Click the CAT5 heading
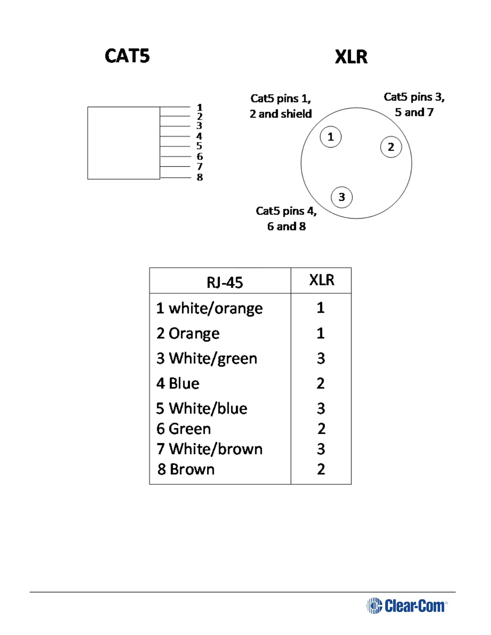pos(127,56)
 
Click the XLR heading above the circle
pos(351,57)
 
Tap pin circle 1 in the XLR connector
pos(331,137)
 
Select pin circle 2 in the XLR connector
pos(391,147)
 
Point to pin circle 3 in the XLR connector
pos(341,197)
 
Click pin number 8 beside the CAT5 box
pos(200,177)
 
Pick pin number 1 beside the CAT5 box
pos(200,107)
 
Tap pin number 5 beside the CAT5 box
pos(199,146)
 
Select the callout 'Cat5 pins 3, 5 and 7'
pos(414,105)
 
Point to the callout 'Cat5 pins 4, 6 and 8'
pos(286,218)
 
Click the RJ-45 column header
pos(225,283)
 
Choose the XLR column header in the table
pos(321,280)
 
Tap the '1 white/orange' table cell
pos(209,308)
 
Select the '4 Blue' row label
pos(178,384)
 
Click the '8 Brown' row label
pos(186,469)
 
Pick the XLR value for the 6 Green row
pos(321,429)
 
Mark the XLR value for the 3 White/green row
pos(321,358)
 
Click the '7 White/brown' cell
pos(209,449)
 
